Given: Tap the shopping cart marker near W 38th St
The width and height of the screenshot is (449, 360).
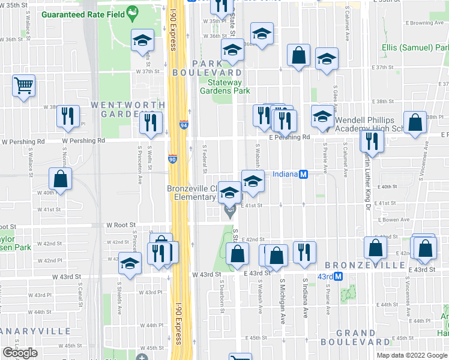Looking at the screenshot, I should pyautogui.click(x=23, y=86).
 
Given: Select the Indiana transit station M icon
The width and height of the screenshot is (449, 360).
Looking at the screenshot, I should pyautogui.click(x=304, y=175).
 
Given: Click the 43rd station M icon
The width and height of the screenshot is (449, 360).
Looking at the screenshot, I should pyautogui.click(x=339, y=277).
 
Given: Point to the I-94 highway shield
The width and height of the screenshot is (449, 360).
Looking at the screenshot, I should pyautogui.click(x=184, y=125).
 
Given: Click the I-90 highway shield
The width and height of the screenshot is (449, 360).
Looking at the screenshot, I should pyautogui.click(x=172, y=160).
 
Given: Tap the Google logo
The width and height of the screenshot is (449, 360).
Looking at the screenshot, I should pyautogui.click(x=20, y=353).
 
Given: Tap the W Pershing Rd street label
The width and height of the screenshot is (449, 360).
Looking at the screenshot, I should pyautogui.click(x=83, y=141).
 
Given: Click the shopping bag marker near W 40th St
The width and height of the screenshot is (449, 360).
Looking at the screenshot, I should pyautogui.click(x=60, y=179).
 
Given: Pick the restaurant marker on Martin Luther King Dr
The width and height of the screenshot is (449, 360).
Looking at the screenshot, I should pyautogui.click(x=372, y=141).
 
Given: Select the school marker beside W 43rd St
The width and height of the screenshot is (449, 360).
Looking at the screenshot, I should pyautogui.click(x=130, y=263).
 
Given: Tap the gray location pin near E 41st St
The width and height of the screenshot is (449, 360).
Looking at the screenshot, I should pyautogui.click(x=229, y=211).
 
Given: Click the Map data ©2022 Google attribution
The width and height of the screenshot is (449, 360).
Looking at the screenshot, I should pyautogui.click(x=411, y=355).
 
